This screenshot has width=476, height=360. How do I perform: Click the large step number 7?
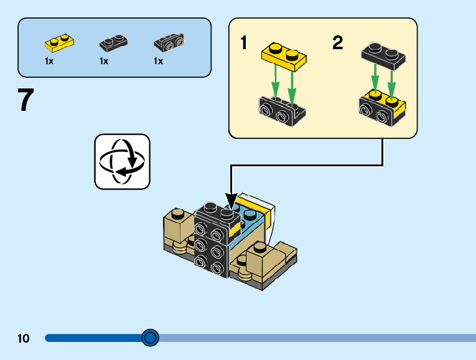(26, 100)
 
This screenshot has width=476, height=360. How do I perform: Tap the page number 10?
(24, 339)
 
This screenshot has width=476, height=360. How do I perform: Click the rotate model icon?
(122, 161)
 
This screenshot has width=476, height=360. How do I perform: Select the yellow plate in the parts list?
(59, 42)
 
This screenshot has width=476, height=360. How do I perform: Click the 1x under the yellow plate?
(49, 61)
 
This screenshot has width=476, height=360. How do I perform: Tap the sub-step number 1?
(245, 43)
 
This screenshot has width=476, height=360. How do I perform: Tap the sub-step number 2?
(337, 43)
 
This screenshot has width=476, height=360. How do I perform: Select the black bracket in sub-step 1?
(281, 110)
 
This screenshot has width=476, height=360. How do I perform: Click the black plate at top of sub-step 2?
(383, 54)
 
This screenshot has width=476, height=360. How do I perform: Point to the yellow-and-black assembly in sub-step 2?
(382, 107)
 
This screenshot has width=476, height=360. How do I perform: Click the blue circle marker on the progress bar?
(150, 338)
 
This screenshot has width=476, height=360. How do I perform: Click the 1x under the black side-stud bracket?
(158, 61)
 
